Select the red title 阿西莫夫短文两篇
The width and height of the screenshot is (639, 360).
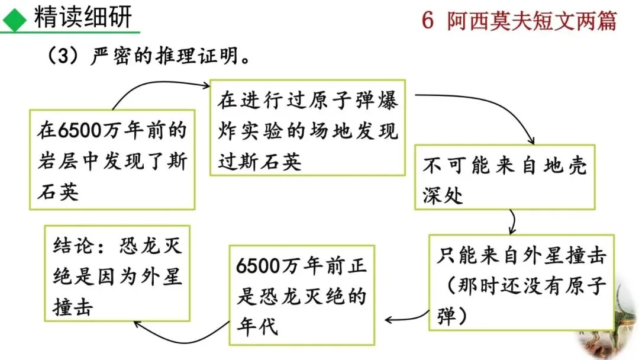(x=532, y=21)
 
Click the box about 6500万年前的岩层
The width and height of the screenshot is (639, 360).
(x=112, y=160)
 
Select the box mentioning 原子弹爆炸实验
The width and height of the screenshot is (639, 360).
(x=308, y=128)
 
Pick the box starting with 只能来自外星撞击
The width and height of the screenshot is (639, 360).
(x=523, y=282)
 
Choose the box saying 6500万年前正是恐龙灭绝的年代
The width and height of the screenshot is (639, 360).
(x=302, y=294)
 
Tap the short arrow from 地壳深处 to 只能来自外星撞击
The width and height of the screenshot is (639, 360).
(x=512, y=222)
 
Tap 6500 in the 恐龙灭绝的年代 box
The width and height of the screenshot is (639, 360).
(x=257, y=266)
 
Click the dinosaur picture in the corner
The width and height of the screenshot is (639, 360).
(x=615, y=332)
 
